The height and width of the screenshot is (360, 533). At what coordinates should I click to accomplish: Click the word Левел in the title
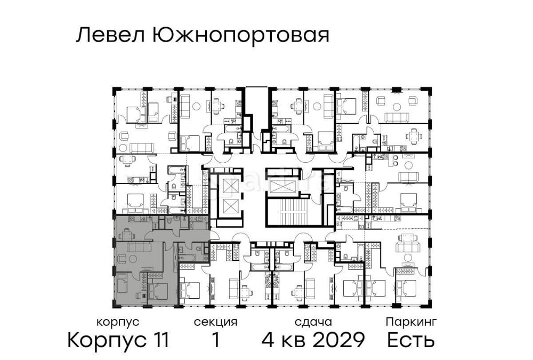pyautogui.click(x=109, y=36)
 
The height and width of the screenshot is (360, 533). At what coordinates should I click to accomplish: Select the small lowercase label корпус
pyautogui.click(x=118, y=322)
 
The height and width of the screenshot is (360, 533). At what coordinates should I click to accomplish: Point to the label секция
pyautogui.click(x=215, y=322)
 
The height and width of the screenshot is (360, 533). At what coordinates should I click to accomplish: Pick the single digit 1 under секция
pyautogui.click(x=215, y=340)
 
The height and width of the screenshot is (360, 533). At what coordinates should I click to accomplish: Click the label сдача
pyautogui.click(x=313, y=322)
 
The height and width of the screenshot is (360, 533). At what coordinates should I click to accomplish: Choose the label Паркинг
pyautogui.click(x=411, y=322)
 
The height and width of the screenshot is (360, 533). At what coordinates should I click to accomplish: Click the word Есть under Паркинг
pyautogui.click(x=411, y=340)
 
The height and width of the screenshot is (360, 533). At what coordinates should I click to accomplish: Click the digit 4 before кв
pyautogui.click(x=269, y=340)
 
